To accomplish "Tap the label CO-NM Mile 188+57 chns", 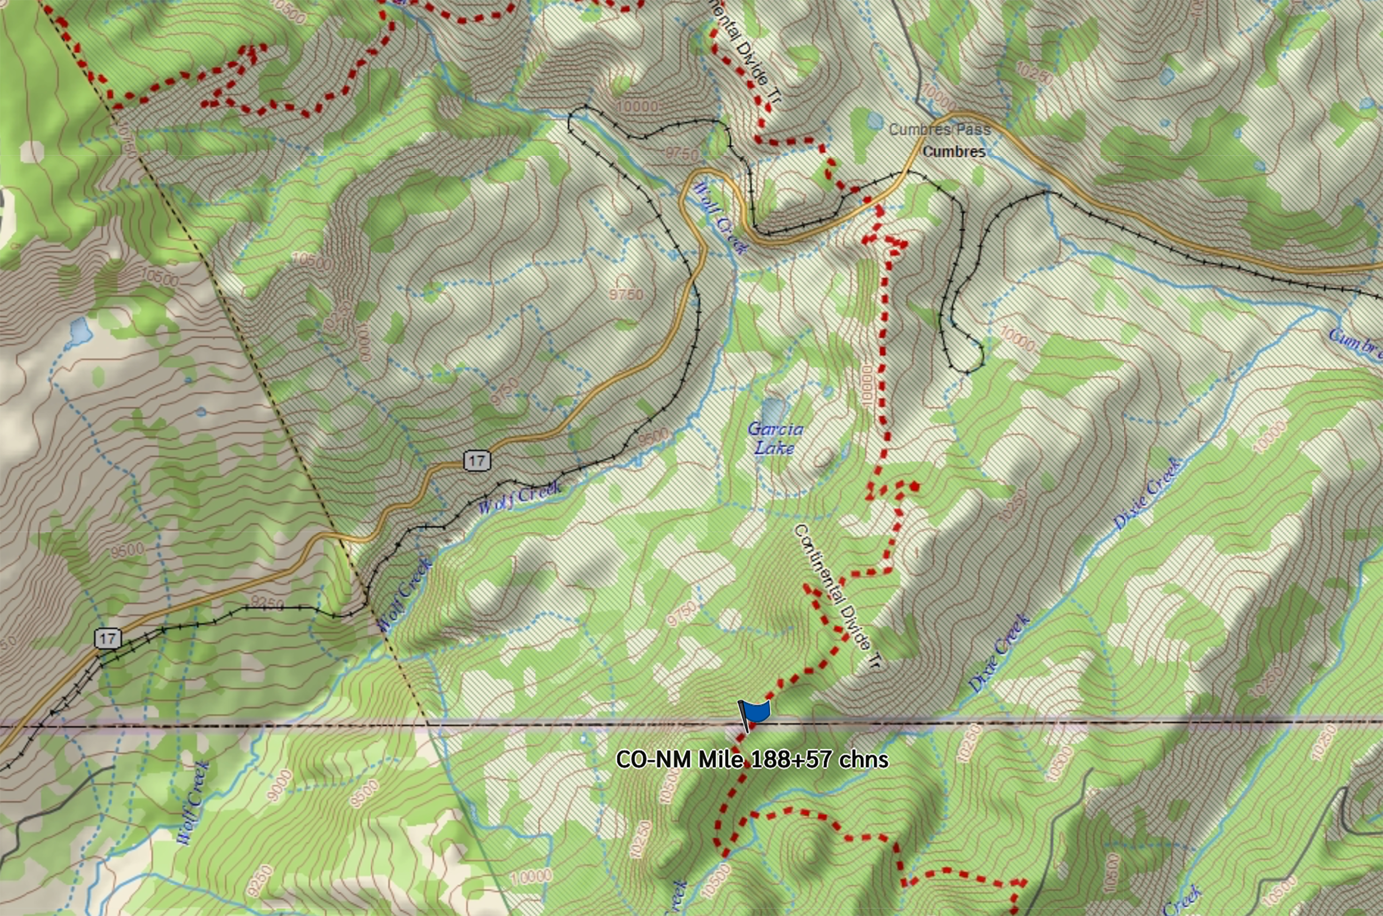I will (x=752, y=759).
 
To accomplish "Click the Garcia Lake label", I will (x=775, y=439).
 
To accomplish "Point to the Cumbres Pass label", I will (x=940, y=129).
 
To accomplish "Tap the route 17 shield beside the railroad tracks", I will (x=108, y=639).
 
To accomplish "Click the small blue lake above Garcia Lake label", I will (x=773, y=409).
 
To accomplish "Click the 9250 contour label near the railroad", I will (x=267, y=603).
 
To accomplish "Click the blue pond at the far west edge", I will (x=80, y=331).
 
